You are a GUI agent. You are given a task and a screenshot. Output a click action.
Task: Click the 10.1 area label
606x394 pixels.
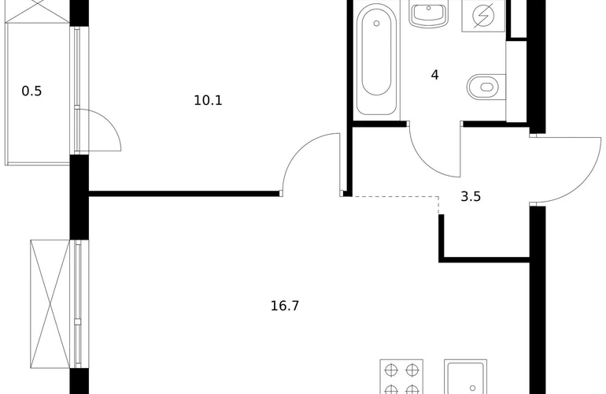[x=208, y=101]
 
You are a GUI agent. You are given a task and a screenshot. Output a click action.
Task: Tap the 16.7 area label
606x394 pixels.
[x=285, y=307]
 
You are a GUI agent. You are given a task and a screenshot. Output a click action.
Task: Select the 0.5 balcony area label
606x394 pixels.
[x=31, y=91]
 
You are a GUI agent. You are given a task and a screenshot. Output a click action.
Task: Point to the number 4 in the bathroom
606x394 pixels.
[x=434, y=75]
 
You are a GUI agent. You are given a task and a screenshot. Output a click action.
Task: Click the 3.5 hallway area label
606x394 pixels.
[x=471, y=197]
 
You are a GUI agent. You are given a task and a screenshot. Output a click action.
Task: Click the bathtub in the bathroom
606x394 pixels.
[x=376, y=59]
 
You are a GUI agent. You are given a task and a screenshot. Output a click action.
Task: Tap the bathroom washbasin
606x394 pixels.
[x=429, y=14]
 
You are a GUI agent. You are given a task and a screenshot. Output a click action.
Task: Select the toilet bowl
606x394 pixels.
[x=486, y=87]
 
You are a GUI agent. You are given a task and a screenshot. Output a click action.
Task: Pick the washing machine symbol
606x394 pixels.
[x=483, y=17]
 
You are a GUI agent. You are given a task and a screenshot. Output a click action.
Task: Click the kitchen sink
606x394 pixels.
[x=465, y=377]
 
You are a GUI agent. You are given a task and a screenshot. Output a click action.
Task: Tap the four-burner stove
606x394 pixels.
[x=401, y=377]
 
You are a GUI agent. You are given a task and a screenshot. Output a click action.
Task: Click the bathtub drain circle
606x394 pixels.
[x=376, y=24]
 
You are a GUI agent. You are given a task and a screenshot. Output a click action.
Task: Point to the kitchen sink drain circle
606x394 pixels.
[x=472, y=388]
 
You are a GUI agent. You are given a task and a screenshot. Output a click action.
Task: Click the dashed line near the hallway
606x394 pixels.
[x=395, y=197]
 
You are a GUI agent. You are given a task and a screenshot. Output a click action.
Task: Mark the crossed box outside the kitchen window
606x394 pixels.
[x=50, y=304]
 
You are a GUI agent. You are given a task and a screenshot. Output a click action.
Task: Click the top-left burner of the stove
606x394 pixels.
[x=390, y=370]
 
